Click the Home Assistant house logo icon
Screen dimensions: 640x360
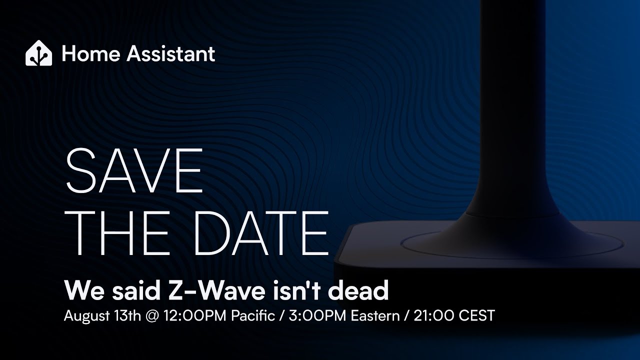[39, 53]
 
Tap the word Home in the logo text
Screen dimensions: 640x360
[91, 53]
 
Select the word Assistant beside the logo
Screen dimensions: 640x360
[171, 53]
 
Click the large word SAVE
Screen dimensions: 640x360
[134, 170]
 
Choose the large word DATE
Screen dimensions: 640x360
[261, 233]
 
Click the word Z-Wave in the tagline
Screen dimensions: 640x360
[215, 290]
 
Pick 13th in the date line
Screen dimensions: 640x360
[127, 315]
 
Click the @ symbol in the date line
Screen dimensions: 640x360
[152, 316]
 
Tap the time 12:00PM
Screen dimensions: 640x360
[195, 315]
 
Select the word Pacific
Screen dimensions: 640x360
[253, 315]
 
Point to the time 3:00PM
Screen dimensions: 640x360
[317, 315]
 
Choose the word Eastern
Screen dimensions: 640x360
[375, 315]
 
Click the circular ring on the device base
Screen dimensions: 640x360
[511, 255]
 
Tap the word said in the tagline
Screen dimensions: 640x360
[135, 290]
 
